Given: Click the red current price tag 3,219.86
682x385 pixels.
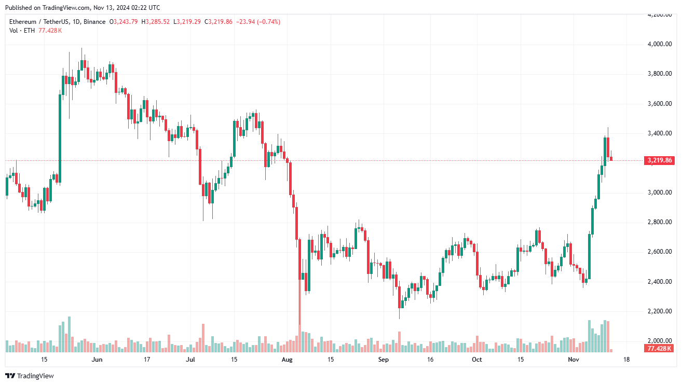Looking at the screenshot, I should (660, 160).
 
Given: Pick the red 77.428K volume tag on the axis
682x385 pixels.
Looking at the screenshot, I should (659, 348).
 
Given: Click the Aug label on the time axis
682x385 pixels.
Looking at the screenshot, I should (287, 359).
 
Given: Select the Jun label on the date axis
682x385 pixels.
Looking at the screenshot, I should (97, 359).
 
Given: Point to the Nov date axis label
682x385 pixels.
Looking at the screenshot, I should (573, 359).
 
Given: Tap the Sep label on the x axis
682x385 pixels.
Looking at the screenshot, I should (383, 359).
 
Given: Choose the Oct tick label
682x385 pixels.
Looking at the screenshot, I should (476, 359).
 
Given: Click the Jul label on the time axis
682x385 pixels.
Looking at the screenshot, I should (190, 359).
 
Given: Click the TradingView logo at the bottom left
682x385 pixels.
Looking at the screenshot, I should (30, 376).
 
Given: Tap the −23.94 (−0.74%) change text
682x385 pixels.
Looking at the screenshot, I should (258, 22).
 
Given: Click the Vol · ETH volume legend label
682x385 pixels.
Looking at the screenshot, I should (22, 31).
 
